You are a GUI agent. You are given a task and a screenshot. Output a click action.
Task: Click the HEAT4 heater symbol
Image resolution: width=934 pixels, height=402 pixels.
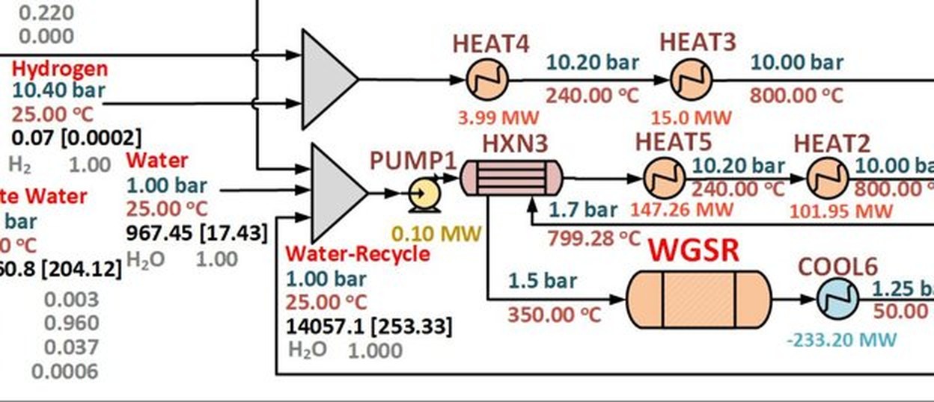[x=487, y=79]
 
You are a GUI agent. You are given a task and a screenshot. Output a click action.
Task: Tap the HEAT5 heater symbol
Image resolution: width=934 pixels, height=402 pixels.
[x=664, y=179]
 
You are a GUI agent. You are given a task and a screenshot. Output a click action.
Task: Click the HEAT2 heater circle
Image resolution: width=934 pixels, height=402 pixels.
[x=828, y=179]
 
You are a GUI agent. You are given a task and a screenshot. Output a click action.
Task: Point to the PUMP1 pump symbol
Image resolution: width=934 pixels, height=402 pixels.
[x=424, y=195]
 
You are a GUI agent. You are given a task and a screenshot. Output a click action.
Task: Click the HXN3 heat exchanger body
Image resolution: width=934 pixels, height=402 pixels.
[x=510, y=179]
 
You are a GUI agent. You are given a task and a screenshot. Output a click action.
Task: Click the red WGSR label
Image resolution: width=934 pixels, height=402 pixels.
[x=693, y=251]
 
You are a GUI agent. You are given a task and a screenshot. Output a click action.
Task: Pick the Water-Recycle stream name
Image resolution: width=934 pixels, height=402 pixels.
[x=358, y=254]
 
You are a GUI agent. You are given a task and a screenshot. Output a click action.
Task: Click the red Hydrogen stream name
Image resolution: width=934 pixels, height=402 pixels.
[x=60, y=69]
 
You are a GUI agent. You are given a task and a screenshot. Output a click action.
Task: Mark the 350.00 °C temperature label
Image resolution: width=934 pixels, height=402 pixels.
[x=554, y=314]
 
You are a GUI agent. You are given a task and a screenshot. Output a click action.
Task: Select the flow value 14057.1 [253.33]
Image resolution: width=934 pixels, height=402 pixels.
[x=369, y=327]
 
